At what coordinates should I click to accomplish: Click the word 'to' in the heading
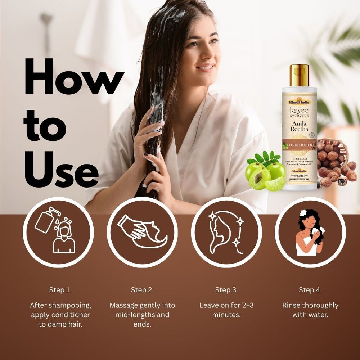[45, 126]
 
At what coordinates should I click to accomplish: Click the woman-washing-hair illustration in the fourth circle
[310, 232]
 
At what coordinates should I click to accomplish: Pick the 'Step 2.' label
[142, 290]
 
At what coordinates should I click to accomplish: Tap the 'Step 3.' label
[226, 290]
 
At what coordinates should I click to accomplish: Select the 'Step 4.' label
[310, 290]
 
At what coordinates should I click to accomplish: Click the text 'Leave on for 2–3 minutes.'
[226, 310]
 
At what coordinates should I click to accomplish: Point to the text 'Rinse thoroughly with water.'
[310, 310]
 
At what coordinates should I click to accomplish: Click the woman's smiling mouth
[206, 67]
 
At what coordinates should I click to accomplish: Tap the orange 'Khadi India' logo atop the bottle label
[299, 102]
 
